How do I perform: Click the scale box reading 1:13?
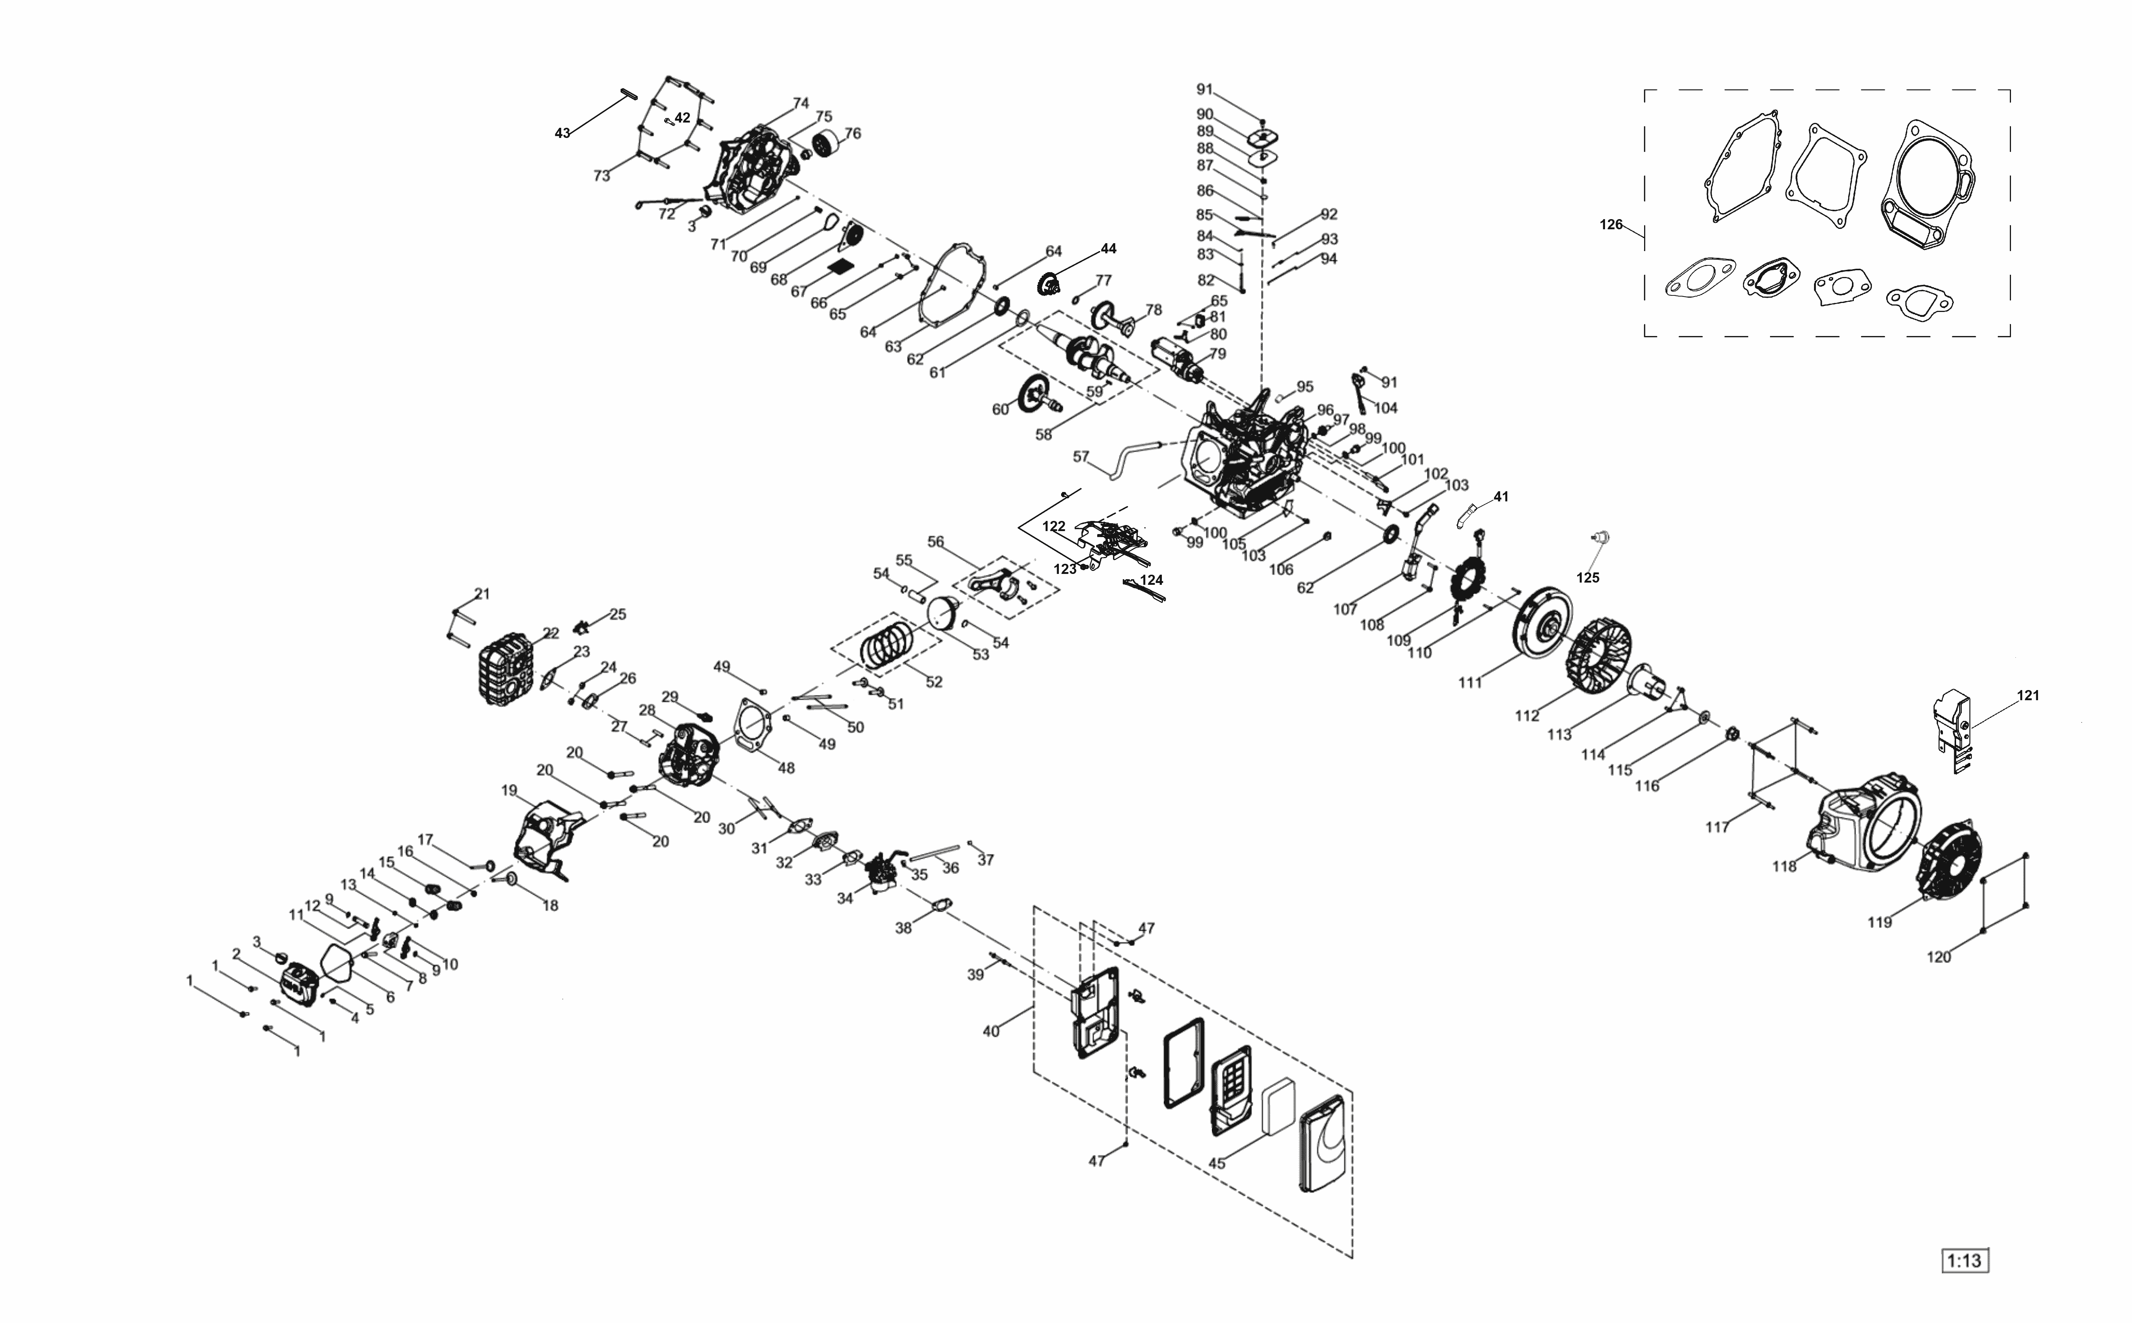pyautogui.click(x=1964, y=1261)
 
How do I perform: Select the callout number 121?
pyautogui.click(x=2028, y=696)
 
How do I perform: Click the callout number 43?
pyautogui.click(x=563, y=133)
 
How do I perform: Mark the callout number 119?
pyautogui.click(x=1879, y=922)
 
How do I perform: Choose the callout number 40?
pyautogui.click(x=990, y=1032)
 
